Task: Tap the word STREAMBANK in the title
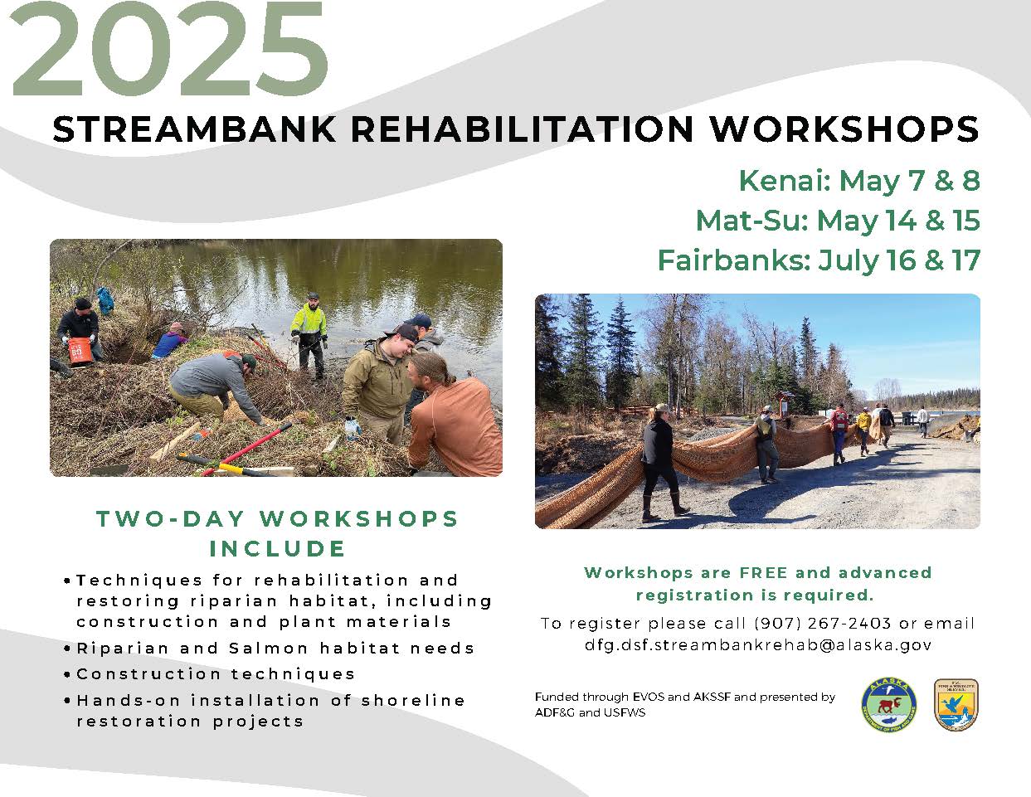tap(195, 129)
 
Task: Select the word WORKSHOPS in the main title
tap(844, 129)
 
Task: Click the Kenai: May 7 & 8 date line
tap(859, 181)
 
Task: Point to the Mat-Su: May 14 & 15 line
tap(838, 221)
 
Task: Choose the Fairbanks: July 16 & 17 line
tap(819, 261)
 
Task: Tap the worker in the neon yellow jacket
tap(309, 336)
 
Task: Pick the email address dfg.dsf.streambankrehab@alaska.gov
tap(758, 645)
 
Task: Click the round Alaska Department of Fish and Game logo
tap(888, 705)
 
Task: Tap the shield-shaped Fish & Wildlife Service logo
tap(956, 705)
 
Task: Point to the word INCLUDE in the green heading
tap(278, 549)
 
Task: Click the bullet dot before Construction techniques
tap(67, 674)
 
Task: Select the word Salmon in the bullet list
tap(269, 649)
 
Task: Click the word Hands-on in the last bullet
tap(127, 701)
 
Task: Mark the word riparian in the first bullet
tap(234, 601)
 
